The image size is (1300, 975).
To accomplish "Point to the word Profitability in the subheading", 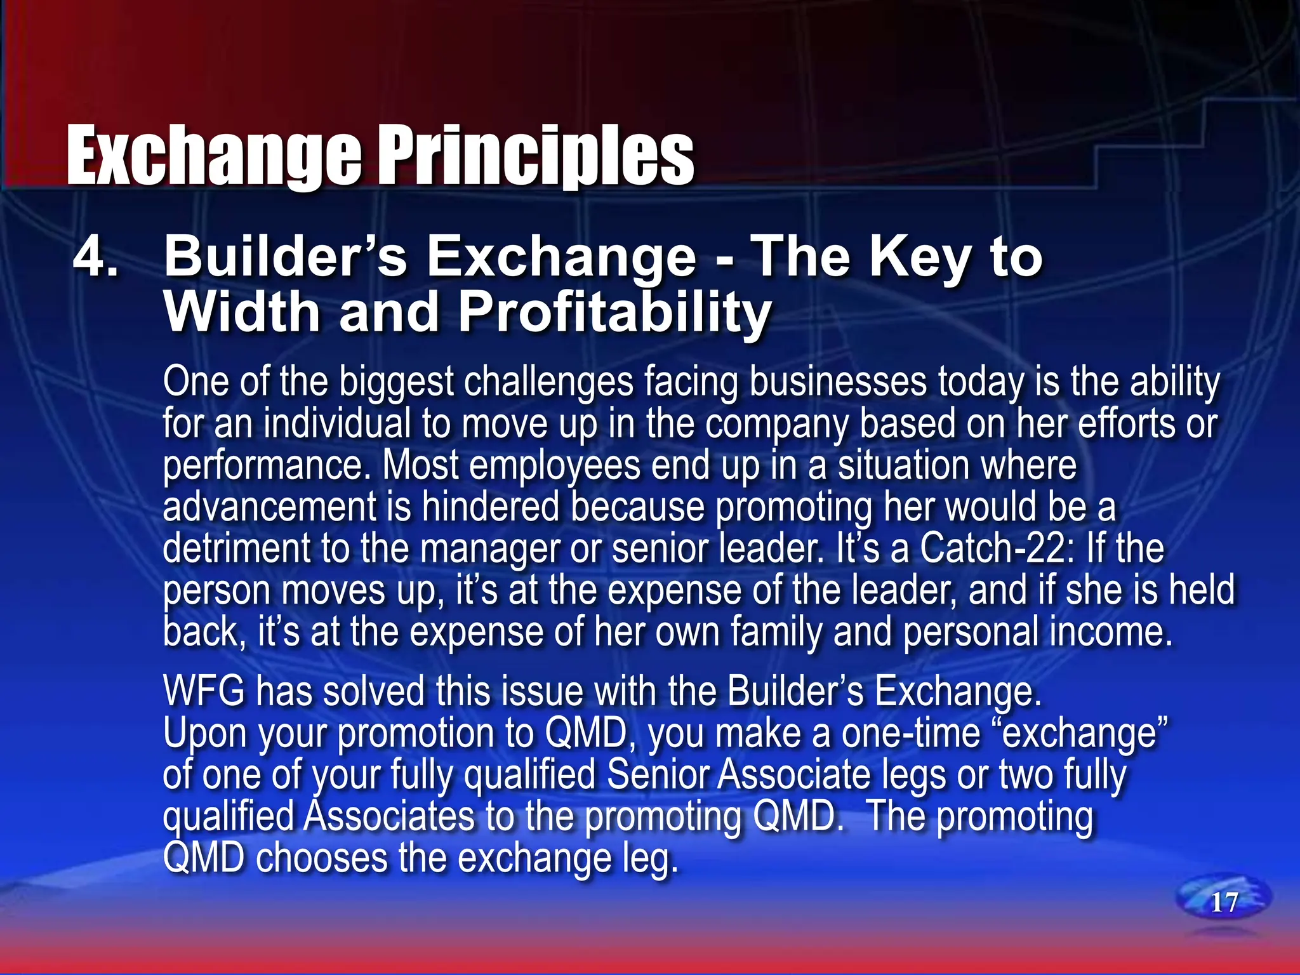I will (x=614, y=312).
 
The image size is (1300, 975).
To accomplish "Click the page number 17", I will (x=1224, y=903).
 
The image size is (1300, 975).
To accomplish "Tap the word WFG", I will (x=204, y=691).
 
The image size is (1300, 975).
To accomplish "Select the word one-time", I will (x=911, y=733).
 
